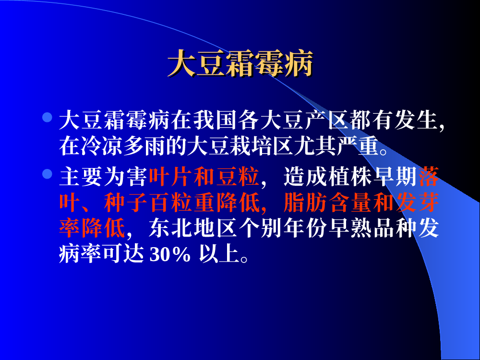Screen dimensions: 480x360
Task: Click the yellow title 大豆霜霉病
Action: tap(240, 63)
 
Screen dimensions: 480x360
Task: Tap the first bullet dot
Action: tap(47, 117)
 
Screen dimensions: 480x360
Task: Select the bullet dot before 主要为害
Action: tap(47, 174)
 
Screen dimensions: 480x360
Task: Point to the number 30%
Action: tap(170, 254)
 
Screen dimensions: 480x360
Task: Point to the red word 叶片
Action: tap(171, 177)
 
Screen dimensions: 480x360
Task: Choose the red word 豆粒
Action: tap(238, 177)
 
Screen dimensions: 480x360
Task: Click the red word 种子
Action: tap(126, 203)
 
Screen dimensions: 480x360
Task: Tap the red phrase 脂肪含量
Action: tap(327, 203)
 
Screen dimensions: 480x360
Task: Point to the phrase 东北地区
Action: tap(193, 228)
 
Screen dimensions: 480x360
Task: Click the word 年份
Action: tap(305, 228)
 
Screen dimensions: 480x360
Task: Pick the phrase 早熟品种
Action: tap(372, 228)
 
